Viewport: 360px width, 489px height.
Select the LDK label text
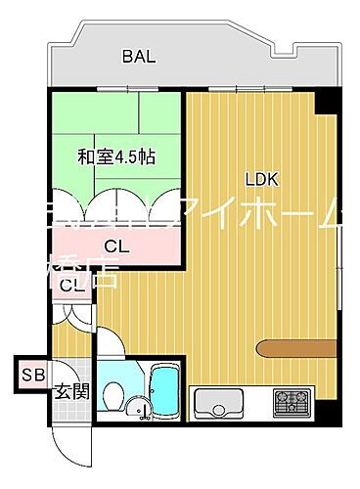pos(262,179)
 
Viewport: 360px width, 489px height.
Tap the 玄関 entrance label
pos(70,392)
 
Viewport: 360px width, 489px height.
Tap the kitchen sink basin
pos(220,402)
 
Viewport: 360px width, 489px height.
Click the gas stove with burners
pos(293,401)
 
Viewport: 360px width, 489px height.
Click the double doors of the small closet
pos(73,313)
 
